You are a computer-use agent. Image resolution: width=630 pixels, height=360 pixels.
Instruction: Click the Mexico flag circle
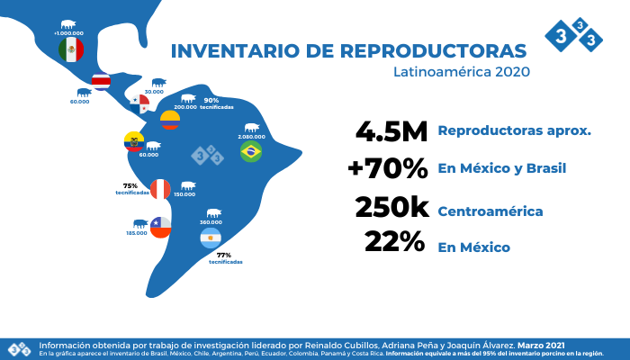(71, 50)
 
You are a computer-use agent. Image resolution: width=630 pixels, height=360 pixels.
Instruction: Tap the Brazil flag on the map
(251, 151)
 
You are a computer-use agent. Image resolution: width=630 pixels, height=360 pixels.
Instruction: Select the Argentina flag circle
(210, 238)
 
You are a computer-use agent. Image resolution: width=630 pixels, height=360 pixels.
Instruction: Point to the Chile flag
(160, 227)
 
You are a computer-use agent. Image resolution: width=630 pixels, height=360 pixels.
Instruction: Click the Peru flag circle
(160, 189)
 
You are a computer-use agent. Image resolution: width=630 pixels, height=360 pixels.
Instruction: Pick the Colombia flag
(170, 121)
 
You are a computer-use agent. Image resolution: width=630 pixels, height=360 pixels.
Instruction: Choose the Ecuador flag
(133, 142)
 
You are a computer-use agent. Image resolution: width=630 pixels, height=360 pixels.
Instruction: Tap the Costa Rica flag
(101, 82)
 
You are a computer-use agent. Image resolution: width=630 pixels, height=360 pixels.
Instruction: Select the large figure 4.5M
(391, 131)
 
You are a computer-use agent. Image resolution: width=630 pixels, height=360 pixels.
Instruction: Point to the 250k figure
(391, 208)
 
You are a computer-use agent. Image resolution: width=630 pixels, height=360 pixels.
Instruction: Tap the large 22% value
(396, 243)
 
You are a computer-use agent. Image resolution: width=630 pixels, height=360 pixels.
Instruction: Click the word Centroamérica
(490, 211)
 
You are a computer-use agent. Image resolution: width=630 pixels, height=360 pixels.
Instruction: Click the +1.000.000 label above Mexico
(69, 33)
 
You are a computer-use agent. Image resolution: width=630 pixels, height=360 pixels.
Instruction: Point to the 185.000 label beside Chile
(137, 233)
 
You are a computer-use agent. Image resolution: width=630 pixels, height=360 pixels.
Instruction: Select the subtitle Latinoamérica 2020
(462, 71)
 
